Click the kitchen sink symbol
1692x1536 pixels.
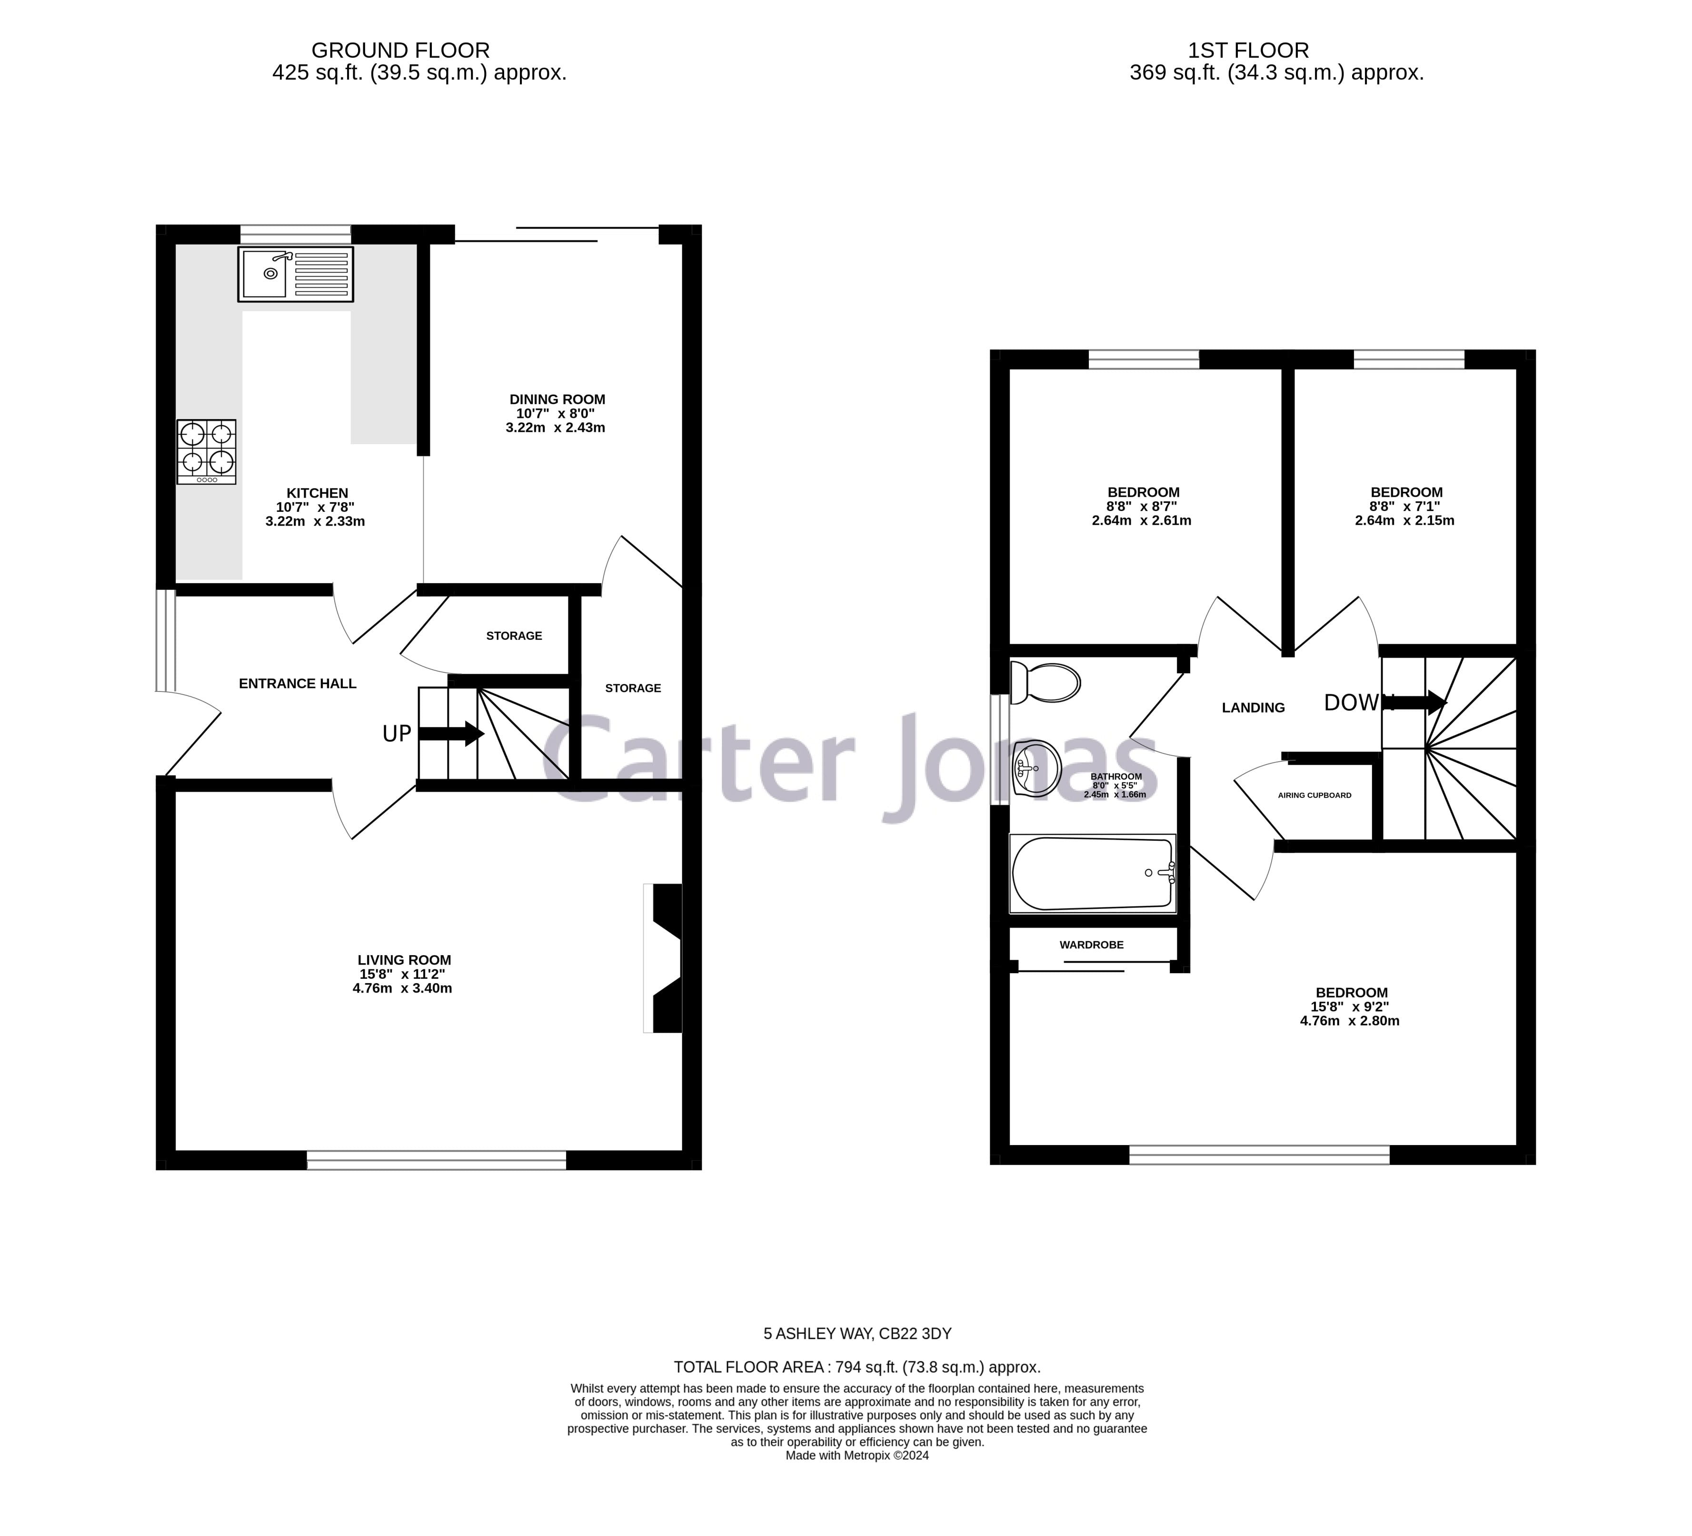[x=296, y=274]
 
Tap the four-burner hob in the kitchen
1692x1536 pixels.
[x=207, y=451]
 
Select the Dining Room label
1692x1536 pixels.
[x=557, y=399]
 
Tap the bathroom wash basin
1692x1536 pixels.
[x=1037, y=768]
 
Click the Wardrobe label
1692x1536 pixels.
[x=1091, y=945]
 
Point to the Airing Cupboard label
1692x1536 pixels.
[x=1314, y=795]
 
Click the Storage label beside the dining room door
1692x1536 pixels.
[x=633, y=688]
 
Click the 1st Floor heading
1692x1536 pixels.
[x=1248, y=50]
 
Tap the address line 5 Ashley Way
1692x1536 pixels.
[x=857, y=1334]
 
